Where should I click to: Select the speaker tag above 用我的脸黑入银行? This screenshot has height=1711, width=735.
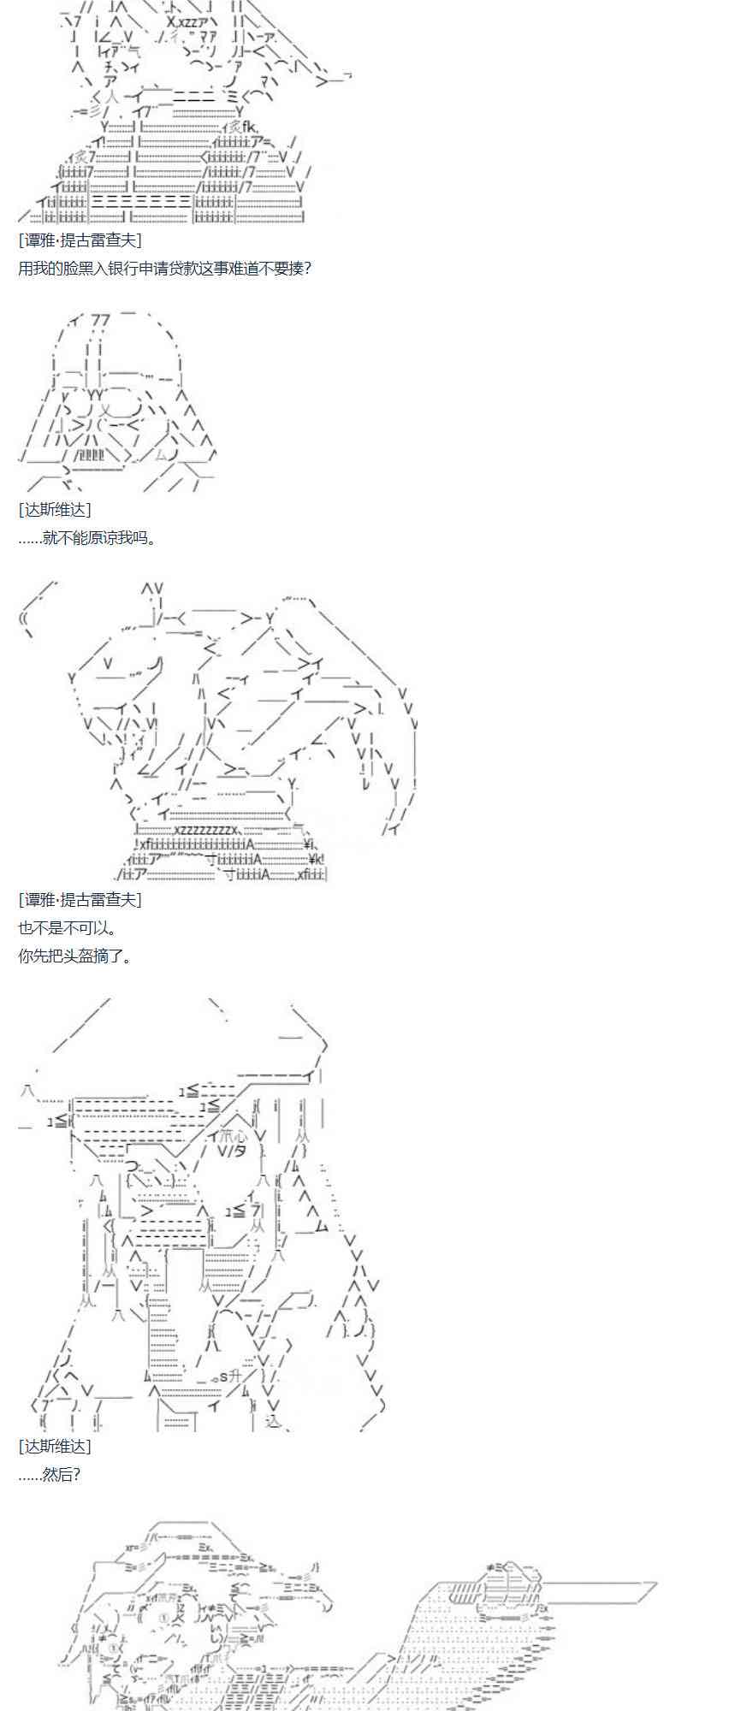click(80, 240)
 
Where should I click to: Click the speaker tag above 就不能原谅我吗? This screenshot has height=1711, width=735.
click(54, 509)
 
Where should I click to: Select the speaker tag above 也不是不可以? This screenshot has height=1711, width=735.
click(80, 899)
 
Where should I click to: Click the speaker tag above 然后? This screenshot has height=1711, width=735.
click(54, 1446)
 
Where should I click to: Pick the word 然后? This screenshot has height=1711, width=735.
click(54, 1474)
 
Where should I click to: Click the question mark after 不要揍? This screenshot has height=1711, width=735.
click(307, 269)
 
